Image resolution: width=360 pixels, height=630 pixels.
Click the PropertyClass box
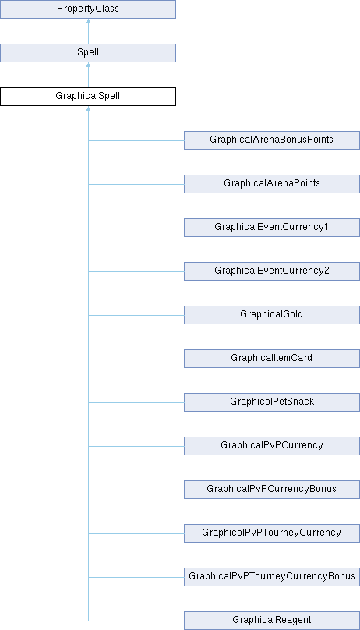pyautogui.click(x=88, y=9)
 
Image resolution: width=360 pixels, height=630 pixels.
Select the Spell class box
pyautogui.click(x=88, y=53)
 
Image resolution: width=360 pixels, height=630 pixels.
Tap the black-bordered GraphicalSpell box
pyautogui.click(x=88, y=97)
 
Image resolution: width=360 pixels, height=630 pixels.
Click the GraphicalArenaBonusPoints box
pyautogui.click(x=272, y=140)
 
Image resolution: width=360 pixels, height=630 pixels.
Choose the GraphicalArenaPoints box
pyautogui.click(x=272, y=184)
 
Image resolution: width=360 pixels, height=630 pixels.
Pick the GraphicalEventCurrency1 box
pyautogui.click(x=272, y=228)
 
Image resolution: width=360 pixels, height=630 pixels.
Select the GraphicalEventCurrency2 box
pyautogui.click(x=272, y=271)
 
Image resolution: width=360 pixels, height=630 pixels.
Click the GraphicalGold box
pyautogui.click(x=272, y=315)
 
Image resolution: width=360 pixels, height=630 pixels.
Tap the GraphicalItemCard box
pyautogui.click(x=272, y=359)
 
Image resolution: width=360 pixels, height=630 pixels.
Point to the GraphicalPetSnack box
pyautogui.click(x=272, y=402)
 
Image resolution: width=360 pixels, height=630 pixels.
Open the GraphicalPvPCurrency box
pyautogui.click(x=272, y=446)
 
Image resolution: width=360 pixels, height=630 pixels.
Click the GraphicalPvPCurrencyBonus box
pyautogui.click(x=272, y=490)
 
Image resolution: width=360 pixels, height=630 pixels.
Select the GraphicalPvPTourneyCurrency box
pyautogui.click(x=272, y=533)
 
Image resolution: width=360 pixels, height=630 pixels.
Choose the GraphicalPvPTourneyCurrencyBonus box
pyautogui.click(x=272, y=577)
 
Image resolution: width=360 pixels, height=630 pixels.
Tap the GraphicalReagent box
pyautogui.click(x=272, y=621)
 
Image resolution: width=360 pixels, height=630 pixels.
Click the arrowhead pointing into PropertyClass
pyautogui.click(x=88, y=20)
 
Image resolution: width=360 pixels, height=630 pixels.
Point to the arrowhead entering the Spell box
pyautogui.click(x=88, y=64)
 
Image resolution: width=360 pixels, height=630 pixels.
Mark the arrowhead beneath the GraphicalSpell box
pyautogui.click(x=88, y=108)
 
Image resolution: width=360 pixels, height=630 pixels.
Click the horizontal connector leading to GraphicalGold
pyautogui.click(x=136, y=316)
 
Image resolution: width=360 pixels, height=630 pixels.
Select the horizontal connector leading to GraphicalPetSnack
pyautogui.click(x=136, y=402)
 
